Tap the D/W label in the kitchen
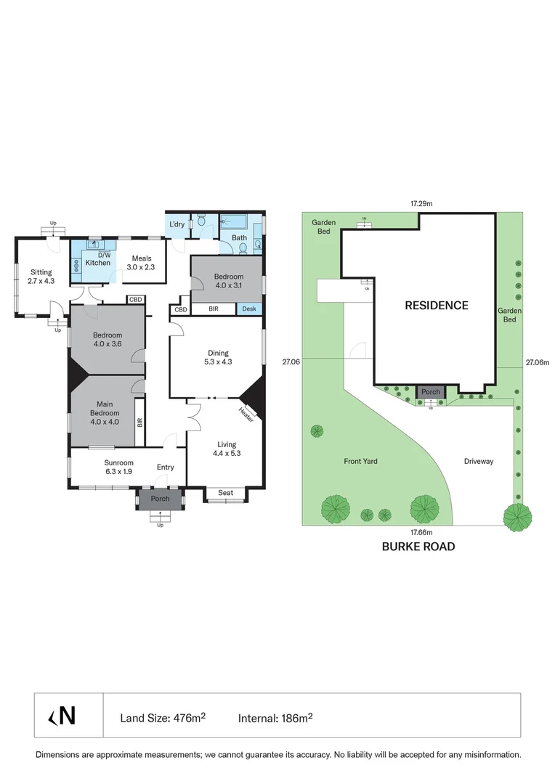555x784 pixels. pyautogui.click(x=94, y=254)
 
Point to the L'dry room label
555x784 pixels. pyautogui.click(x=177, y=224)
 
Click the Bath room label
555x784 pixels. pyautogui.click(x=239, y=237)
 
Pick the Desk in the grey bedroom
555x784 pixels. pyautogui.click(x=249, y=309)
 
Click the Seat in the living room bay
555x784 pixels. pyautogui.click(x=226, y=494)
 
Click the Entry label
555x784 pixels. pyautogui.click(x=166, y=467)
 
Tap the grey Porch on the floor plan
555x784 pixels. pyautogui.click(x=160, y=499)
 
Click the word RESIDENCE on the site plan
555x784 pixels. pyautogui.click(x=436, y=306)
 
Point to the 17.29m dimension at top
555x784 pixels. pyautogui.click(x=421, y=204)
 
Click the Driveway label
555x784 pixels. pyautogui.click(x=479, y=461)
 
